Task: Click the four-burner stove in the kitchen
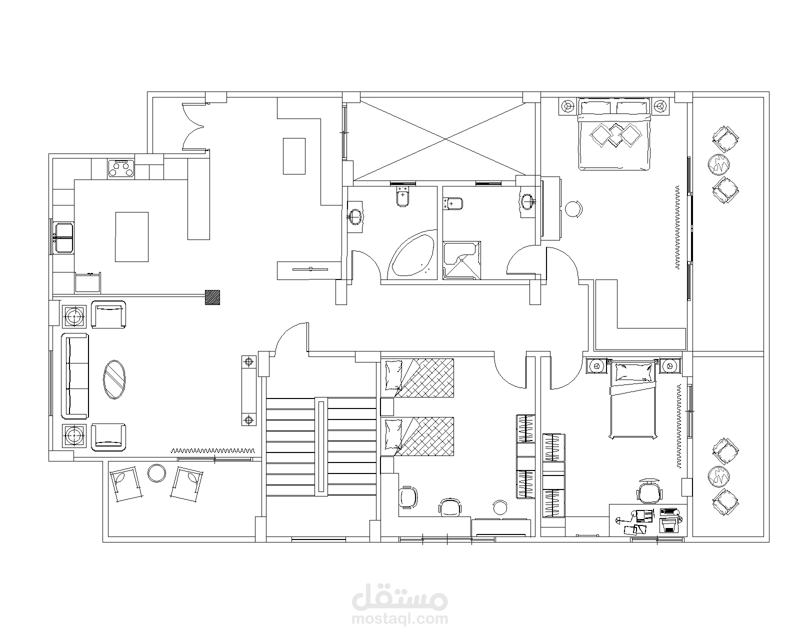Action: pos(121,168)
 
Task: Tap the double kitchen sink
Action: pos(64,238)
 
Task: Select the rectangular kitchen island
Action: pos(131,237)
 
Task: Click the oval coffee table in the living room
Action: pos(114,379)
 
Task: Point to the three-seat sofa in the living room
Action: pos(75,376)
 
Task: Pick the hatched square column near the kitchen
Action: pos(212,297)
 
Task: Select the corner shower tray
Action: pos(462,260)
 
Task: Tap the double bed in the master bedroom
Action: pos(614,134)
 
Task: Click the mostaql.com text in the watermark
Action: pos(399,619)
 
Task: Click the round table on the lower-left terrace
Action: pos(156,473)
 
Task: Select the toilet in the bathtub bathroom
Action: pos(402,196)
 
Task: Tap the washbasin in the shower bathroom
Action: pos(527,202)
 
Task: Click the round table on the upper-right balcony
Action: pos(718,164)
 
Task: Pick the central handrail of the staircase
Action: pos(321,446)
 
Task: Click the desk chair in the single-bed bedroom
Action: pos(649,490)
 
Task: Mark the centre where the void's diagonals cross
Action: pos(445,139)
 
